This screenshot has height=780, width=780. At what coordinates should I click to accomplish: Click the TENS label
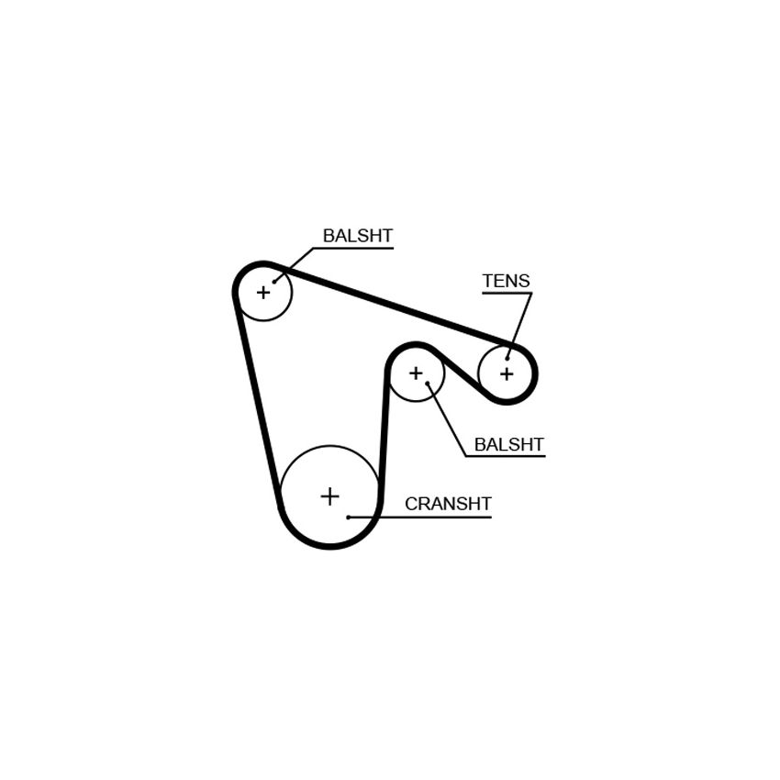tap(506, 281)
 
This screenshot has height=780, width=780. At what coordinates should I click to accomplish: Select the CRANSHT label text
tap(448, 504)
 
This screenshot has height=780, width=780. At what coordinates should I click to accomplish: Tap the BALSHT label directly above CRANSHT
tap(509, 444)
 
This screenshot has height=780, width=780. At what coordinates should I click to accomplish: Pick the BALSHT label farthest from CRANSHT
tap(358, 235)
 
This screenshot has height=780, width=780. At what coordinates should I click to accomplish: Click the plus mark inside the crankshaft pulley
tap(329, 496)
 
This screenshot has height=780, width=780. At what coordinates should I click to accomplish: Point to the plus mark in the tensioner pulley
tap(507, 374)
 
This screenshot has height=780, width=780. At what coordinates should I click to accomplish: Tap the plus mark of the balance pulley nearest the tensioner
tap(416, 373)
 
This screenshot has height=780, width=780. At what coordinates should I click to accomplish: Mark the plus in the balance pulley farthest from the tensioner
tap(263, 292)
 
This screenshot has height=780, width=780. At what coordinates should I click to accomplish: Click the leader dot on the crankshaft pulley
tap(348, 518)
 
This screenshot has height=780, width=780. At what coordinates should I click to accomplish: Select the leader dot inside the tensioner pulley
tap(507, 358)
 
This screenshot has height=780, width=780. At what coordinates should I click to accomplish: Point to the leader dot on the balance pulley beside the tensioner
tap(428, 384)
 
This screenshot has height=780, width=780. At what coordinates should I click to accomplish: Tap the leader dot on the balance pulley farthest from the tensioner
tap(274, 282)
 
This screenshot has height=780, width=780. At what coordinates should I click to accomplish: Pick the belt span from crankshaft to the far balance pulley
tap(258, 402)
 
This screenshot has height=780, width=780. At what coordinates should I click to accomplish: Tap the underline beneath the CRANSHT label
tap(420, 518)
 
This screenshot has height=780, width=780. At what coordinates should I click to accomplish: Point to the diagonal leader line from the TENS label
tap(519, 326)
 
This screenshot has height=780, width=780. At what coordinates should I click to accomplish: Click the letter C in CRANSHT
tap(411, 504)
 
